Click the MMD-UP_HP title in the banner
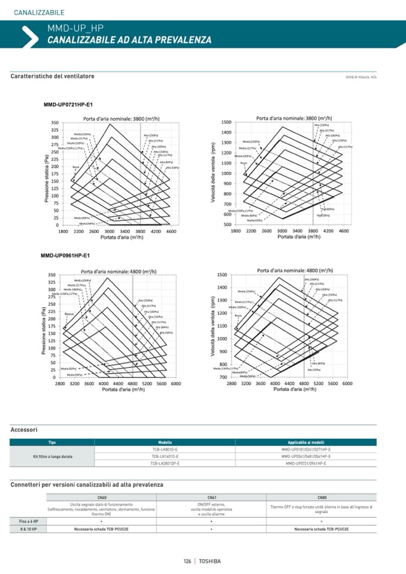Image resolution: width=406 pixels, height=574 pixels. pos(71,28)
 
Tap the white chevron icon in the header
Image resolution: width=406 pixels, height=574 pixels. pos(29,36)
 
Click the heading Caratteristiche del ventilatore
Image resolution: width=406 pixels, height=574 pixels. pos(52,77)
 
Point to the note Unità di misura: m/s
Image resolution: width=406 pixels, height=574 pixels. pos(360,77)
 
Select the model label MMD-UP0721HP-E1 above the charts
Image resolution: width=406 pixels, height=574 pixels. pos(67,105)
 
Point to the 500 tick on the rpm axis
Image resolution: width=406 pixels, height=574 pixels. pos(228,224)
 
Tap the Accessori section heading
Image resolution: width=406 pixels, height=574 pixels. pos(24,430)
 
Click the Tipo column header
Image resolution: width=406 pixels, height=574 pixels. pos(52,442)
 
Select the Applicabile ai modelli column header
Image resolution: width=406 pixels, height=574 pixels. pos(305,442)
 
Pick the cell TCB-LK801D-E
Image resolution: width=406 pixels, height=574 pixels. pos(165,449)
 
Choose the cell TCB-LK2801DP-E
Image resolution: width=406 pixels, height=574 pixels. pos(165,463)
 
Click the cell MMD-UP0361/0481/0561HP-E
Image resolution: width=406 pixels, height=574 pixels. pos(305,456)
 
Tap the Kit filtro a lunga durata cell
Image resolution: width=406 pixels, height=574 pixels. pos(52,456)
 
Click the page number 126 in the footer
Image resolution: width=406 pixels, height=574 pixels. pos(187,561)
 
